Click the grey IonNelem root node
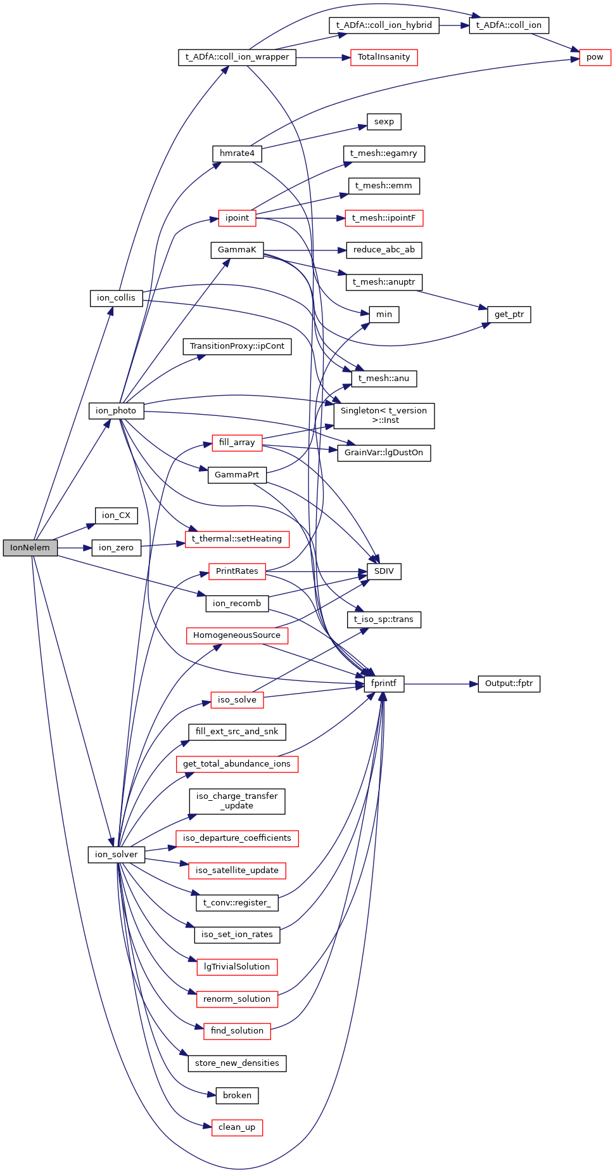click(x=30, y=548)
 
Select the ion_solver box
click(x=117, y=855)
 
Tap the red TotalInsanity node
click(x=384, y=57)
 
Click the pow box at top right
click(x=595, y=57)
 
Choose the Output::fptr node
click(x=509, y=684)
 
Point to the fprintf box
click(x=384, y=684)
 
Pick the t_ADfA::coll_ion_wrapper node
click(x=237, y=57)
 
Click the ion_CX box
click(x=116, y=515)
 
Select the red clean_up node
click(x=237, y=1127)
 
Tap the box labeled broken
click(x=237, y=1095)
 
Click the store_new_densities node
click(x=237, y=1063)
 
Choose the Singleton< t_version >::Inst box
click(x=384, y=415)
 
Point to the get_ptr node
click(x=509, y=314)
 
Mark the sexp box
click(x=384, y=122)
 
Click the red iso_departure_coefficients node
click(x=237, y=838)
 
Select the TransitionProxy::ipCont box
click(x=237, y=346)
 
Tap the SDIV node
click(x=384, y=571)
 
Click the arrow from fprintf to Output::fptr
click(x=441, y=684)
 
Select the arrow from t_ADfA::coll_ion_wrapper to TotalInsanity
click(x=323, y=58)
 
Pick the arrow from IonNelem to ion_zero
click(x=75, y=548)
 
